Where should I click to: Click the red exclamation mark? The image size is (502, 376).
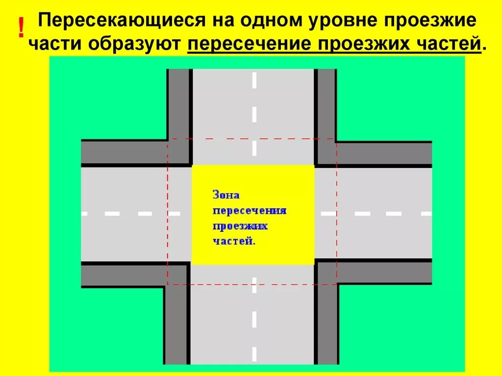pyautogui.click(x=21, y=29)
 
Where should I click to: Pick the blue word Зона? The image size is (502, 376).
pyautogui.click(x=226, y=195)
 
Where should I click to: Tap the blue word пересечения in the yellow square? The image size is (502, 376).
pyautogui.click(x=250, y=210)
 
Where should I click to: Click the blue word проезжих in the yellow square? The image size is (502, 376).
pyautogui.click(x=241, y=226)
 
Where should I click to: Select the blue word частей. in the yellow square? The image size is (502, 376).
pyautogui.click(x=234, y=241)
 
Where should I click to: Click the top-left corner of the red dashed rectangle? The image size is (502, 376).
pyautogui.click(x=168, y=139)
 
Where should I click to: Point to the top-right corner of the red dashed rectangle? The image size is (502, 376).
pyautogui.click(x=337, y=139)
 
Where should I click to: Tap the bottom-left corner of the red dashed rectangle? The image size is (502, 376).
pyautogui.click(x=168, y=284)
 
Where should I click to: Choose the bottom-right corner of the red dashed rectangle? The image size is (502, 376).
pyautogui.click(x=337, y=284)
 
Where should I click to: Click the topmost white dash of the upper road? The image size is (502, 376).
pyautogui.click(x=254, y=80)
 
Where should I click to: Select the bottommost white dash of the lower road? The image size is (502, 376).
pyautogui.click(x=254, y=353)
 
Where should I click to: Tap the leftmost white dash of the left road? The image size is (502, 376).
pyautogui.click(x=84, y=214)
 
